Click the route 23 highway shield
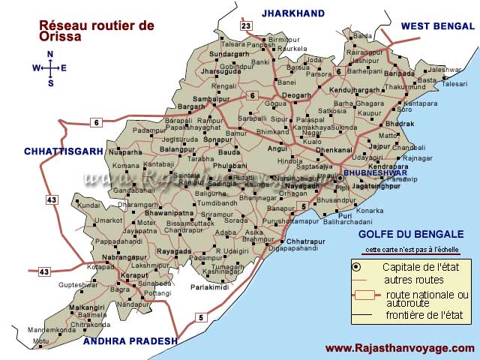coord(245,26)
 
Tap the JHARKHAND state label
coord(292,13)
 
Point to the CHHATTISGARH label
coord(63,151)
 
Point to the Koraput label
coord(115,275)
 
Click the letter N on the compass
coord(50,54)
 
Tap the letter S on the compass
coord(50,83)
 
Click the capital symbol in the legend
coord(356,267)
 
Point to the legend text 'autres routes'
coord(409,280)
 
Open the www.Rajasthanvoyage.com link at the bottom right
coord(400,348)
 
